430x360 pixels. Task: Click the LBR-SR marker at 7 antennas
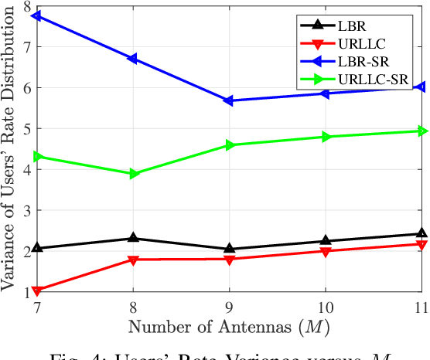36,15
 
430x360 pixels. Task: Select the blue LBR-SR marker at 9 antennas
229,100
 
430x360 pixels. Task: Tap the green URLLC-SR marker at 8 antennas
133,174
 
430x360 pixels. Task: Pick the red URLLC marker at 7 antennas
36,291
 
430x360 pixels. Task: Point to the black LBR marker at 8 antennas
133,238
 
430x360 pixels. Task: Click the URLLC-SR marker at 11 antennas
421,131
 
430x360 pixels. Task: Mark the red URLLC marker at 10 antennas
326,252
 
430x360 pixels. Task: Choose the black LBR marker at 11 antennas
421,233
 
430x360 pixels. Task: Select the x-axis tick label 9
229,307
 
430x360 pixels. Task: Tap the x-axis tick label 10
326,307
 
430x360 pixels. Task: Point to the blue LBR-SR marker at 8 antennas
133,59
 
